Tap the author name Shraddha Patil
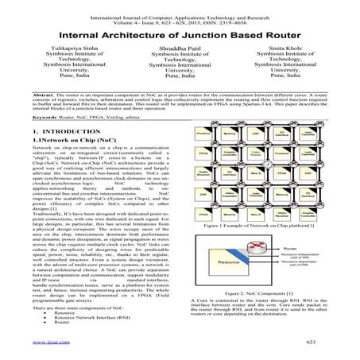pyautogui.click(x=181, y=48)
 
